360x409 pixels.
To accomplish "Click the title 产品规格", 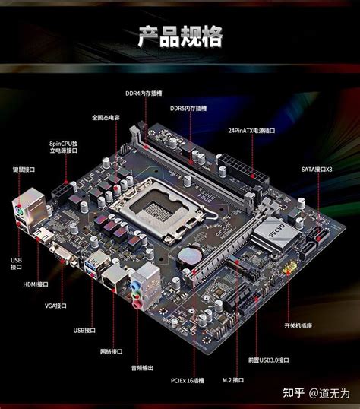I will click(180, 36).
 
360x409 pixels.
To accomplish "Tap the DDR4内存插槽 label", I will click(144, 94).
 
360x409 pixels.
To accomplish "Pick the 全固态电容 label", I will click(107, 118).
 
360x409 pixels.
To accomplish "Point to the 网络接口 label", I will click(111, 351).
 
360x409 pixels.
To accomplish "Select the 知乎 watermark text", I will click(293, 393).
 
